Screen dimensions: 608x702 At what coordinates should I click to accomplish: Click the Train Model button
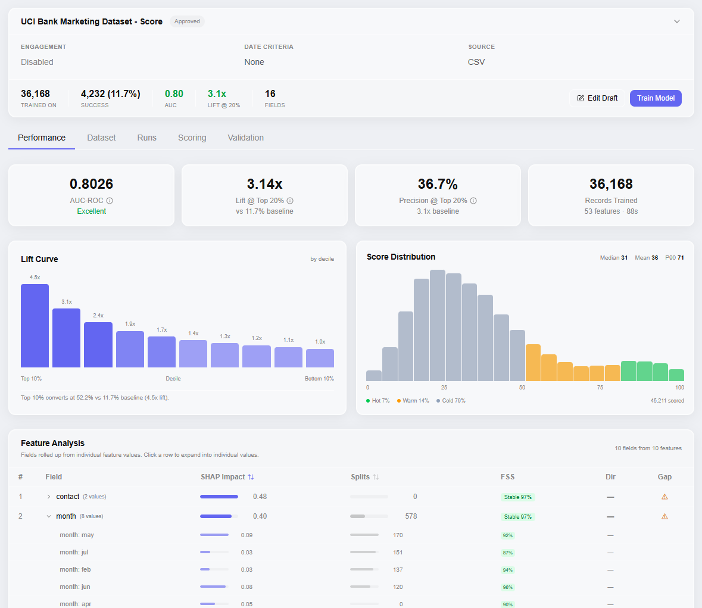click(x=656, y=98)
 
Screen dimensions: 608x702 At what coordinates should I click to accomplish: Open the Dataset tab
click(x=101, y=138)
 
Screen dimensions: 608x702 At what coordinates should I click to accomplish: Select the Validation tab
click(x=245, y=138)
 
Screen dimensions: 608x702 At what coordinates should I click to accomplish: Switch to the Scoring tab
click(x=192, y=138)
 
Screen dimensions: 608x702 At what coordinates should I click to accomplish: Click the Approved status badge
click(x=187, y=21)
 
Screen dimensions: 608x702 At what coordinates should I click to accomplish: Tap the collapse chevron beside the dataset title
click(x=676, y=21)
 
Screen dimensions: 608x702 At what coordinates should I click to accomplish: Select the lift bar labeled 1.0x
click(x=320, y=358)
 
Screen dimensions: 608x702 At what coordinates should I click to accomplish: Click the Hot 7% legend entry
click(x=378, y=401)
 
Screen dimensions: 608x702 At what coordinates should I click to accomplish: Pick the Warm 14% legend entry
click(x=413, y=401)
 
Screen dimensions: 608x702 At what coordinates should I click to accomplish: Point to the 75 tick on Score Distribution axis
click(x=600, y=388)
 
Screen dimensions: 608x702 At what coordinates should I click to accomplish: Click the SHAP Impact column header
click(x=227, y=477)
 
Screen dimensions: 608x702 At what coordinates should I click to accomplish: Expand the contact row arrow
click(x=49, y=497)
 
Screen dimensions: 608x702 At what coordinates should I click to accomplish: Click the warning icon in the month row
click(x=664, y=516)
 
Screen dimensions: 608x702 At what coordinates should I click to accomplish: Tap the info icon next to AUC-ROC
click(x=110, y=201)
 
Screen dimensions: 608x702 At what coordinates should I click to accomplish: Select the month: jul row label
click(x=74, y=553)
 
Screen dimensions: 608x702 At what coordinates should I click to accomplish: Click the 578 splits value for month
click(x=411, y=516)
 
